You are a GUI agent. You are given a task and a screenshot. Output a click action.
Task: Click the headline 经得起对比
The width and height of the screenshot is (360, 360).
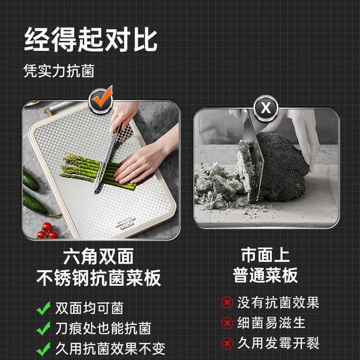(x=91, y=39)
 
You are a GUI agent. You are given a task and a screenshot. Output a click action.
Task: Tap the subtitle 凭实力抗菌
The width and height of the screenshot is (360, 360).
(x=59, y=71)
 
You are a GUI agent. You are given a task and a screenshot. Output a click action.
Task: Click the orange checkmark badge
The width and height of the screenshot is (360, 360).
(x=101, y=99)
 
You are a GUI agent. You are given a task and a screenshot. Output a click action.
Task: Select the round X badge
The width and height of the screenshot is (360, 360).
(x=265, y=108)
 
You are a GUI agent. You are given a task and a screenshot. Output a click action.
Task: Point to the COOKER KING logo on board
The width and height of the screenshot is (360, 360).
(x=126, y=224)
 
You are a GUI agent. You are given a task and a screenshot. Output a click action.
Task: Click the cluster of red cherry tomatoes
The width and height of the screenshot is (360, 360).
(x=47, y=231)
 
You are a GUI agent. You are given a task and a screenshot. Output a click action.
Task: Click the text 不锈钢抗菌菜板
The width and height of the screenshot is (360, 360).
(x=98, y=278)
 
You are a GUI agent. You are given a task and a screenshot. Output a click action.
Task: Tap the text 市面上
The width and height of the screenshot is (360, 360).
(x=265, y=255)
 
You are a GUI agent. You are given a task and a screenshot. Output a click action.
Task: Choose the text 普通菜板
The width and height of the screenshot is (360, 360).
(x=265, y=275)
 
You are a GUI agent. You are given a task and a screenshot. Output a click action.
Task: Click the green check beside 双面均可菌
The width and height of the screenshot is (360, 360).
(x=44, y=308)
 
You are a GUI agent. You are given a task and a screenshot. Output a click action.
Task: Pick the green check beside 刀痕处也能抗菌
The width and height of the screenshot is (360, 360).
(x=44, y=328)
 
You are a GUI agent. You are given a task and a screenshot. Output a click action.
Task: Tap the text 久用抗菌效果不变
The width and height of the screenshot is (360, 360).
(x=111, y=349)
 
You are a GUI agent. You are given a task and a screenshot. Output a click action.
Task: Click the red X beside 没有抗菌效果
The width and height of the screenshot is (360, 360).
(x=227, y=303)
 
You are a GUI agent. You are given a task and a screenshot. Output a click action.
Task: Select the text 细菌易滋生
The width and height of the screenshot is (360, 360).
(x=271, y=323)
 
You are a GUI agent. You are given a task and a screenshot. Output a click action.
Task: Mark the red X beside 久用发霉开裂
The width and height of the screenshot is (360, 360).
(x=227, y=343)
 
